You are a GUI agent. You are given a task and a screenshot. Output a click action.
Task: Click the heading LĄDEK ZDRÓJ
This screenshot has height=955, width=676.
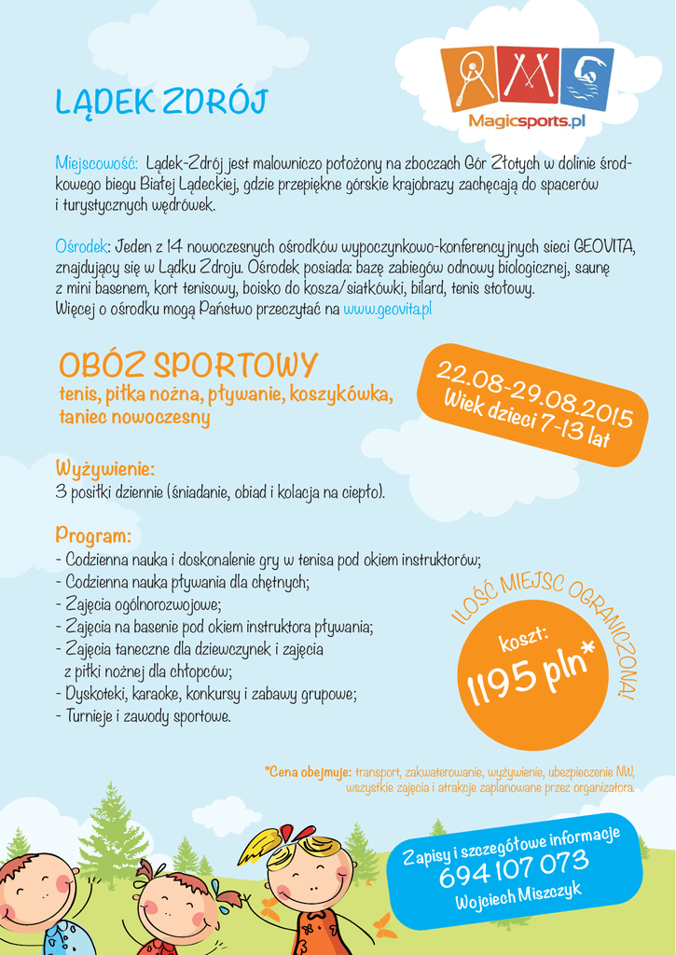(161, 103)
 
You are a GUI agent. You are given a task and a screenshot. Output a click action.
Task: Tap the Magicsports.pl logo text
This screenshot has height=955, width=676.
(526, 122)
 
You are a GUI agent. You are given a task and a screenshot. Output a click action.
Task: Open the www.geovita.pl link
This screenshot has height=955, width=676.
(387, 309)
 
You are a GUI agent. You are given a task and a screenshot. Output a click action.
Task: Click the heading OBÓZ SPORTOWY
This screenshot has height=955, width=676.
(188, 365)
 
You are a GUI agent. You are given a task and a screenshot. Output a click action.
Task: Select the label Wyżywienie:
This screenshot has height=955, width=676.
(104, 468)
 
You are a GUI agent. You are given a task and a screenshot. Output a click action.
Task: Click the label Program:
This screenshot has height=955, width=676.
(92, 536)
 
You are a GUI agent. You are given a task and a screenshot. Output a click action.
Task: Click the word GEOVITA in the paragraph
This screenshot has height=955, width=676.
(604, 247)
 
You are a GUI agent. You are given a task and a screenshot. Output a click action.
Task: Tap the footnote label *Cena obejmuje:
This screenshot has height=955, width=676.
(308, 772)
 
